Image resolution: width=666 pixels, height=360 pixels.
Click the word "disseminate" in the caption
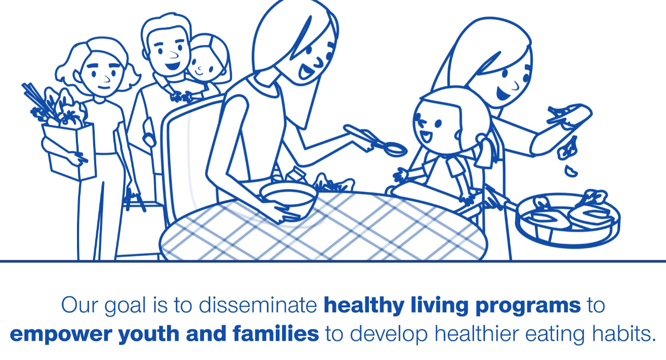(x=258, y=305)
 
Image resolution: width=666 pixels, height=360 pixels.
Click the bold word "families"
(x=276, y=333)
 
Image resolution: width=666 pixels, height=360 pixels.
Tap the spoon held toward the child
(x=376, y=139)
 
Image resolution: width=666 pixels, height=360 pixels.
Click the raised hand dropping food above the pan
(x=569, y=116)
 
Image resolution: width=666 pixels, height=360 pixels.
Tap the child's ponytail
(x=484, y=151)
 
